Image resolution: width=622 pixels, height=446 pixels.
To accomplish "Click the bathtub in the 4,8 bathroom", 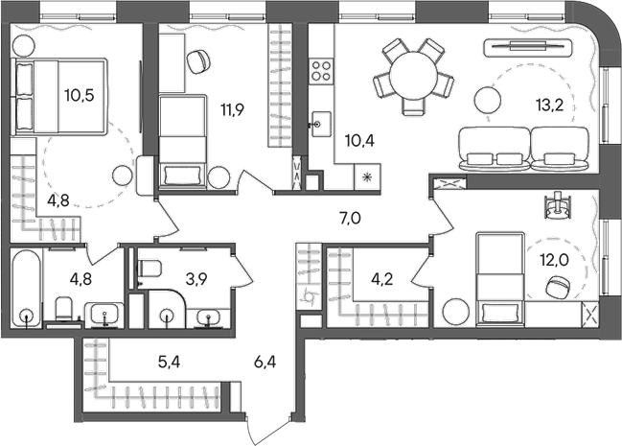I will click(x=26, y=289).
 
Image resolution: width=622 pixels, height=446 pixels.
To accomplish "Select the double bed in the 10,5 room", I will click(x=38, y=95).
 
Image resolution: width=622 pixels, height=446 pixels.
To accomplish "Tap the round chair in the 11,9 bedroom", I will click(x=198, y=60).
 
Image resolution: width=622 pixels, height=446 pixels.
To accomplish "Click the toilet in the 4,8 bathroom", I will click(x=63, y=309).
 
